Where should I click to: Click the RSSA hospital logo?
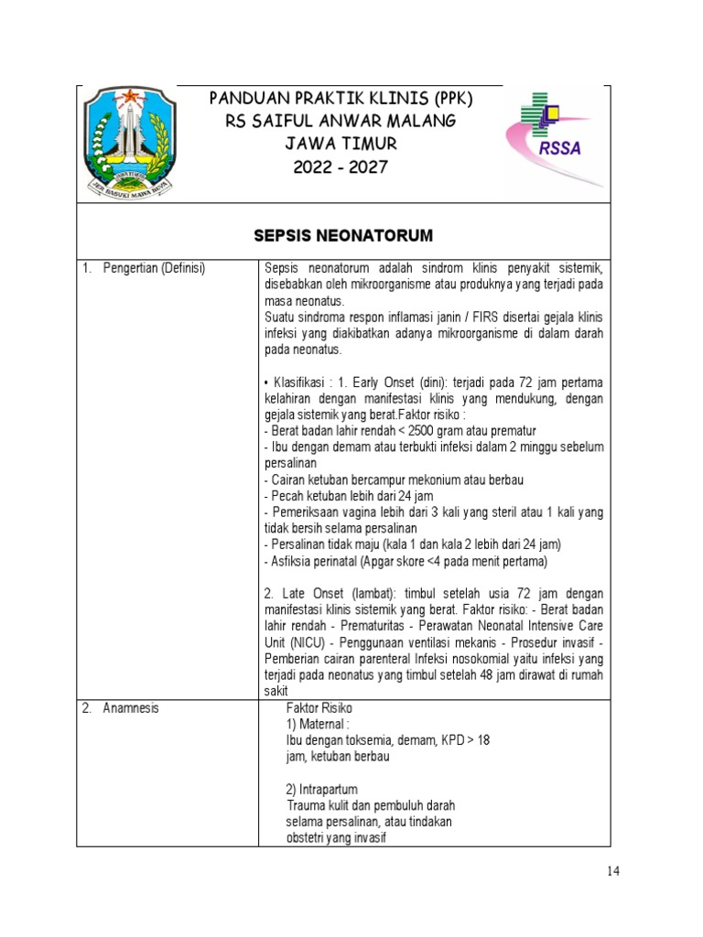[553, 138]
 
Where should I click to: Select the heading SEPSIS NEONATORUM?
[342, 236]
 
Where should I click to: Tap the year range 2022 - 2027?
[341, 167]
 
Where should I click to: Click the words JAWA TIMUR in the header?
[341, 144]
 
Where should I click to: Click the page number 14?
[612, 871]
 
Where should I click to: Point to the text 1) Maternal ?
[318, 725]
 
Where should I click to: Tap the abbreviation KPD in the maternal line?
[445, 740]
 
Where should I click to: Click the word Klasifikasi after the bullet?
[301, 382]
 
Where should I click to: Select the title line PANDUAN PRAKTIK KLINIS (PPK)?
[341, 98]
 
